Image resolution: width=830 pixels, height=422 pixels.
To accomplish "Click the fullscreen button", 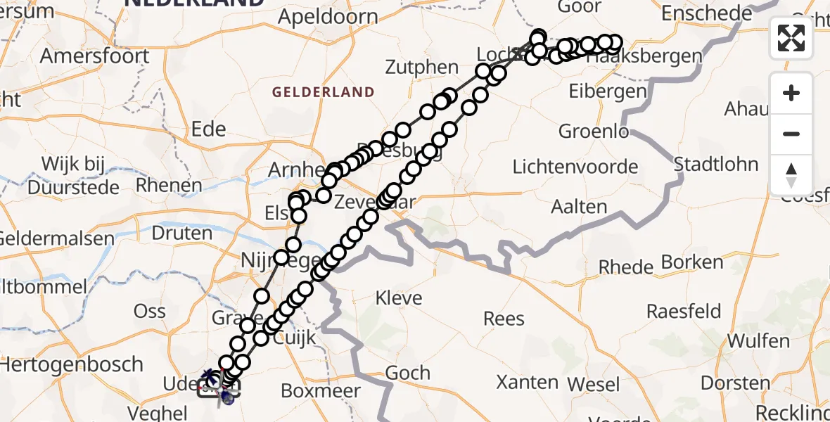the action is pyautogui.click(x=791, y=38).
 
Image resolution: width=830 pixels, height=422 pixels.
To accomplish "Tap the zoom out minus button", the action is pyautogui.click(x=791, y=134).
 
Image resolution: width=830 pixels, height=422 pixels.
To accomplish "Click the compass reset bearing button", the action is pyautogui.click(x=791, y=174).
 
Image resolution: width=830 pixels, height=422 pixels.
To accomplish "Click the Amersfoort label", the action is pyautogui.click(x=95, y=56).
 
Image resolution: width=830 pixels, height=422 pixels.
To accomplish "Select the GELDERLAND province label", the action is pyautogui.click(x=323, y=92).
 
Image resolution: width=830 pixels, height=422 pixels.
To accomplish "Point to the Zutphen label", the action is pyautogui.click(x=422, y=68).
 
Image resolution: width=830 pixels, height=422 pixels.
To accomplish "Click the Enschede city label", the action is pyautogui.click(x=708, y=13).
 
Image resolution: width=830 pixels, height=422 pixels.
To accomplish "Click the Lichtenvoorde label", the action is pyautogui.click(x=575, y=167).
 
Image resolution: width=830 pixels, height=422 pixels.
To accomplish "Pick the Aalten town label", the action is pyautogui.click(x=580, y=206).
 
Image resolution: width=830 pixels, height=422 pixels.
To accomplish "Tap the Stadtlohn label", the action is pyautogui.click(x=716, y=165).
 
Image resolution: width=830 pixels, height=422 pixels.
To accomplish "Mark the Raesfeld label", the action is pyautogui.click(x=684, y=312).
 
